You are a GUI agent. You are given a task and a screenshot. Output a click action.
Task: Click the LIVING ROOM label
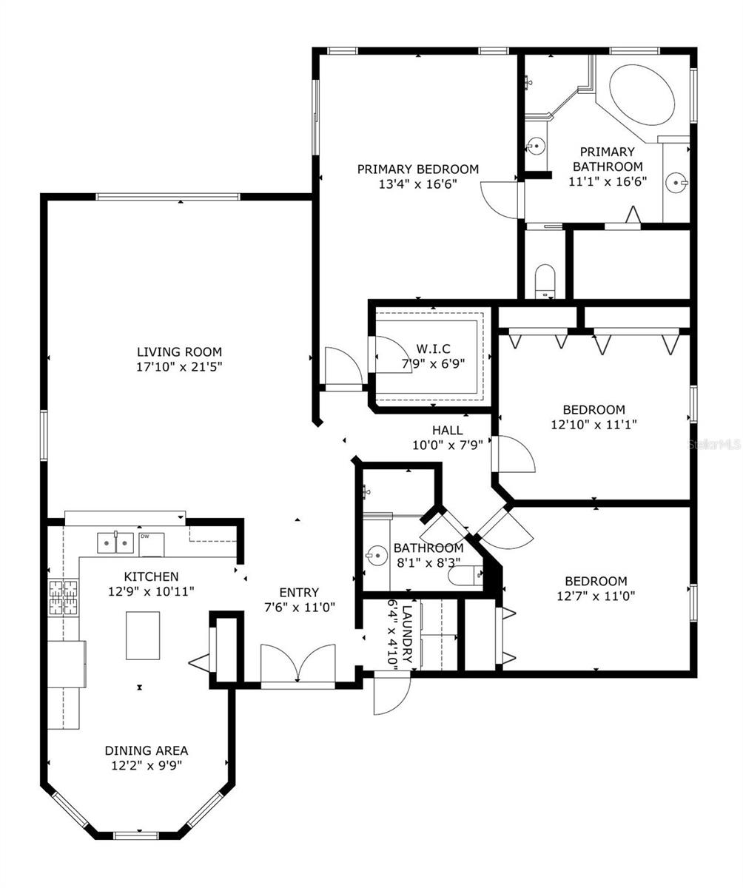179,352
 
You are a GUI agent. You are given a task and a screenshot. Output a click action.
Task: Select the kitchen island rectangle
143,635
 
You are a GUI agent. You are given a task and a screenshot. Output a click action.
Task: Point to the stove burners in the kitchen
63,598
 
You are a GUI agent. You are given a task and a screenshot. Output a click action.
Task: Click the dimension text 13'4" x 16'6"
417,184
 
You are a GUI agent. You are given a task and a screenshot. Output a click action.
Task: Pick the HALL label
447,430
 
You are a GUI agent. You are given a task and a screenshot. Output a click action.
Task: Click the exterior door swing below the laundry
391,695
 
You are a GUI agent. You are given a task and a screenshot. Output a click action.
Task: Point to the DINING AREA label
146,750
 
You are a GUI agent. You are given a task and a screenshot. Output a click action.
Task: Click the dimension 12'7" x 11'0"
596,596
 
